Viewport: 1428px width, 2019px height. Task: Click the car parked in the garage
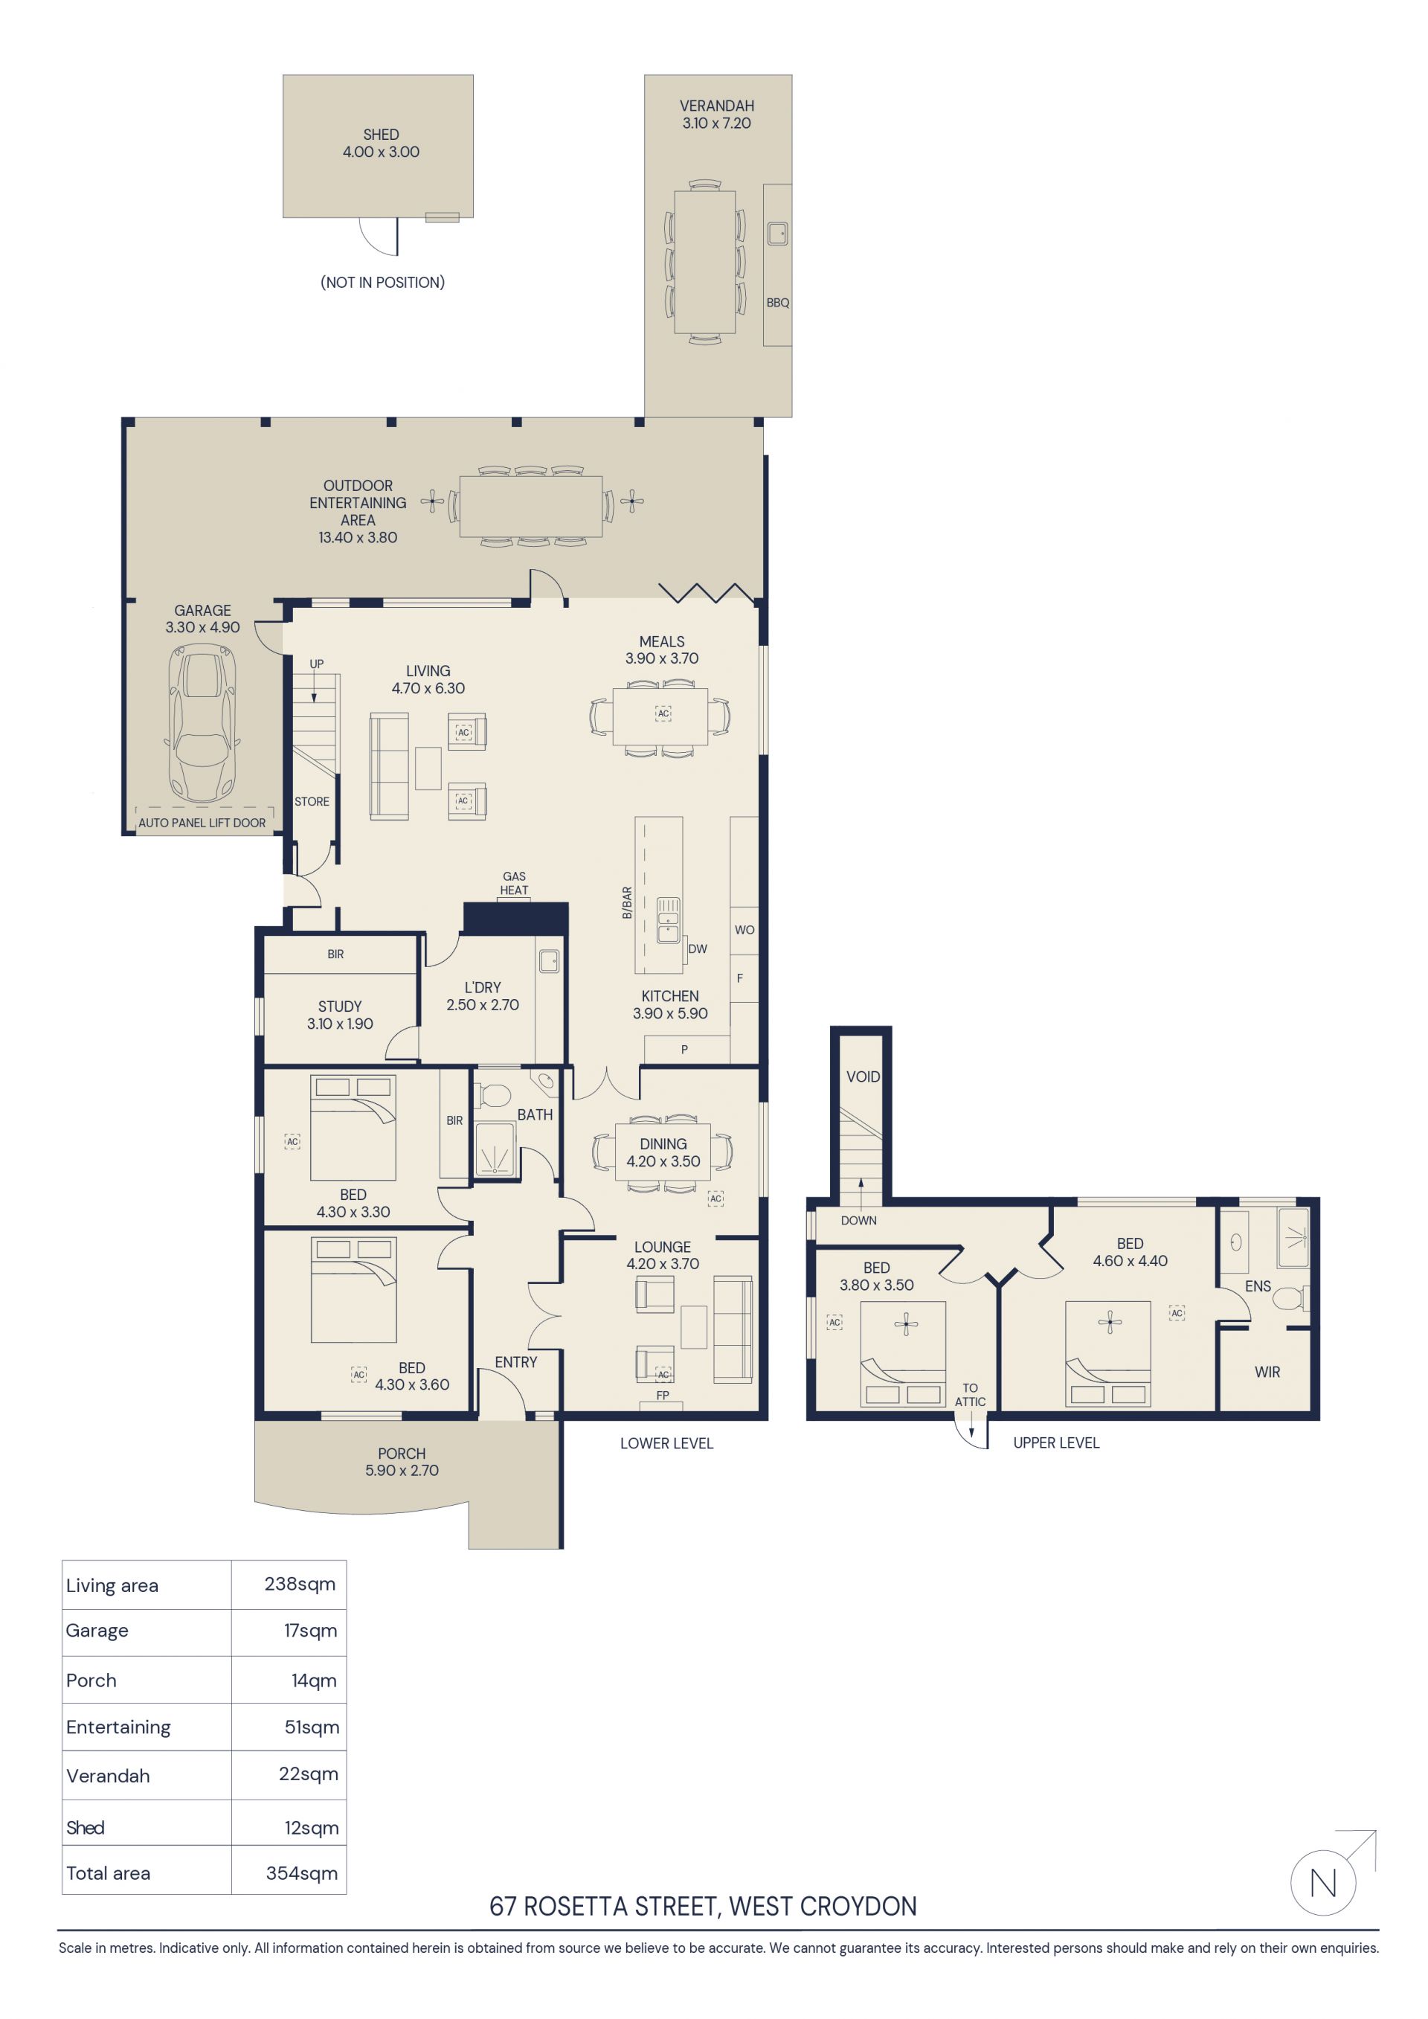[202, 723]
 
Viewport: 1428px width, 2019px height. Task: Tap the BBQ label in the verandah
[777, 303]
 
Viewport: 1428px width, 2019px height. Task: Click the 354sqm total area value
[302, 1873]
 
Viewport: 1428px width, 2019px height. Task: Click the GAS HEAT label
[515, 883]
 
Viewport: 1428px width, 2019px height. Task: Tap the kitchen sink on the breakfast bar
[669, 919]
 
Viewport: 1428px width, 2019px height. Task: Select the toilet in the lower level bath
[492, 1096]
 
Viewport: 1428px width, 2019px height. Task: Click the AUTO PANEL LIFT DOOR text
[202, 823]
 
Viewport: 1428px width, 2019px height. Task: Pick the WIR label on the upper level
[1267, 1372]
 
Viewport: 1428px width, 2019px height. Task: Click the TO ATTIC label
[970, 1395]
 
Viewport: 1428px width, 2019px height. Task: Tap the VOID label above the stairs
[863, 1076]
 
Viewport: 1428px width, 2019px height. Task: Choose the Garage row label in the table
[97, 1631]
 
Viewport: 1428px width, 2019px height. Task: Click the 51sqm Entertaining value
[312, 1727]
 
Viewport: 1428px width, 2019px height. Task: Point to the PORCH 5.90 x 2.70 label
[402, 1462]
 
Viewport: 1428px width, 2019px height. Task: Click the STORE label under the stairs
[312, 802]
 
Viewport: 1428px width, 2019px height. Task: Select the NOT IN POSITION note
[382, 282]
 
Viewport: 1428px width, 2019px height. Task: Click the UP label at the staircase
[317, 664]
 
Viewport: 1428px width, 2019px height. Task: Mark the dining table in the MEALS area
[660, 716]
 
